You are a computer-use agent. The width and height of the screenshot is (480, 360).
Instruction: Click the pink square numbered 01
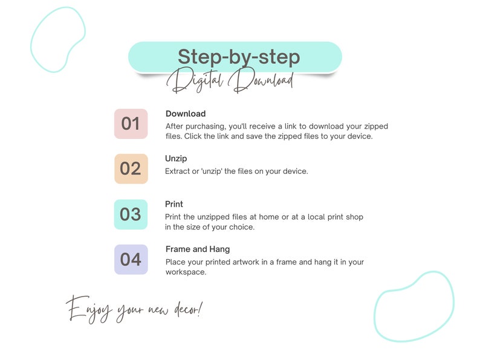point(131,124)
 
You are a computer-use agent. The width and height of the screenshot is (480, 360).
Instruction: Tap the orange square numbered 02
point(131,169)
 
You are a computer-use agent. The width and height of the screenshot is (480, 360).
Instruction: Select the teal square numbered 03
point(131,214)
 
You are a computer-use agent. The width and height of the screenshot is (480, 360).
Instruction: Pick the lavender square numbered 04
point(131,259)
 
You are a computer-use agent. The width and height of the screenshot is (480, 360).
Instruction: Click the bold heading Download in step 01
point(186,114)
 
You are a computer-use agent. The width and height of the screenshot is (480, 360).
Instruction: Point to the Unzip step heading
point(176,159)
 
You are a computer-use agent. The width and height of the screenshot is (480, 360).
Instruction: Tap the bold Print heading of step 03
point(174,204)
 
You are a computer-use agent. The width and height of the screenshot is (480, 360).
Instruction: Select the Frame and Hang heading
point(198,249)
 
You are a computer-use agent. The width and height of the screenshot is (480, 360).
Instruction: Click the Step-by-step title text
point(239,57)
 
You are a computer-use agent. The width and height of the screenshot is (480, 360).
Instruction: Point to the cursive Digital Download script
point(230,80)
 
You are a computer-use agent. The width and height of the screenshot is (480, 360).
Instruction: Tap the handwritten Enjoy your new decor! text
point(134,309)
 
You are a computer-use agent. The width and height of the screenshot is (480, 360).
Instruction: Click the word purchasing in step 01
point(206,127)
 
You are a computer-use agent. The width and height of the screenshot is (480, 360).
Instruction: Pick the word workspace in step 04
point(186,272)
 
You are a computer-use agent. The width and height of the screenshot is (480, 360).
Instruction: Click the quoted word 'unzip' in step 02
point(212,172)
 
